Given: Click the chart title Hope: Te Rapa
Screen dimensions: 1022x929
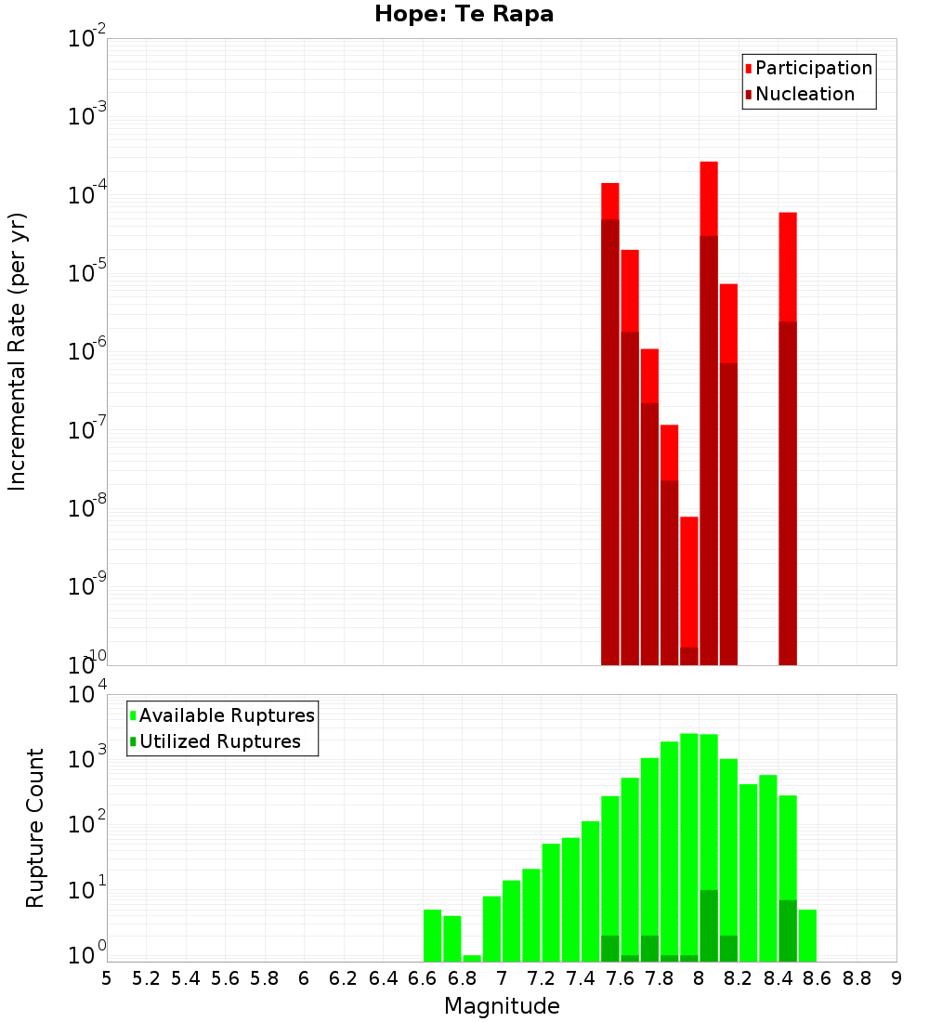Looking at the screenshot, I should pos(464,15).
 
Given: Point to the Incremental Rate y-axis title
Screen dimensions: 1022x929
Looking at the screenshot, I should pos(18,351).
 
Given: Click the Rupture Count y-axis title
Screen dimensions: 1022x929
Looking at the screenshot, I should pos(35,827).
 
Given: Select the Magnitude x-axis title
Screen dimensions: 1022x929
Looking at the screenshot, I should pos(502,1006).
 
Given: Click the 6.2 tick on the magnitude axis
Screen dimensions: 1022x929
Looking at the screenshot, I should pos(343,977).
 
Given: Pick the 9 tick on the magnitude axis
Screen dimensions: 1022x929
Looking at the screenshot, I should pos(896,977).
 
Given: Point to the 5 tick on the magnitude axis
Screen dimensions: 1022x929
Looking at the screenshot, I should pos(107,977).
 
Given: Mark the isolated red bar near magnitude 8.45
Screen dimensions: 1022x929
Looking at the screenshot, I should pos(788,437).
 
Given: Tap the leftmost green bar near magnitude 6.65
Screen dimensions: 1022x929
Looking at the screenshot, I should pos(432,936).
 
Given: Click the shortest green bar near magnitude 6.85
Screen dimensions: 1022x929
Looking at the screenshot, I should pos(472,958).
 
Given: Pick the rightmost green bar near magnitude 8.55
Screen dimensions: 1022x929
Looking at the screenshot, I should pos(807,936).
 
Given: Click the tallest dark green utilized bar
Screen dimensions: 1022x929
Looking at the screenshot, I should pos(709,925).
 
